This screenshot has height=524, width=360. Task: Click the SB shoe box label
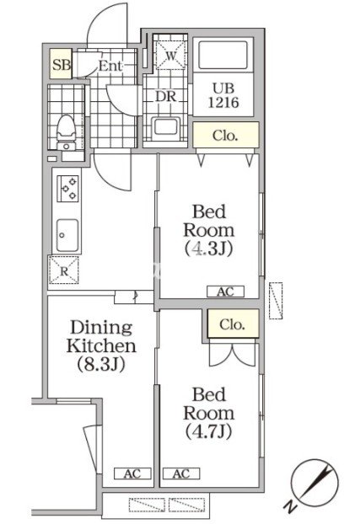[62, 65]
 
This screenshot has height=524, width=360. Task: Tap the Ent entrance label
[110, 66]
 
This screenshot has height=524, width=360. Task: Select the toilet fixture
[66, 132]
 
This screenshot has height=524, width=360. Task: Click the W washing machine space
[170, 55]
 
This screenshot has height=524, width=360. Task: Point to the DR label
[165, 96]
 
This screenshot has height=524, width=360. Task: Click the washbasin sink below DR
[165, 129]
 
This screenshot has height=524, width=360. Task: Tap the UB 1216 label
[223, 95]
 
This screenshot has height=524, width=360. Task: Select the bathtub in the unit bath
[223, 55]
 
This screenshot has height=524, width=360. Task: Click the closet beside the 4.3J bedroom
[226, 136]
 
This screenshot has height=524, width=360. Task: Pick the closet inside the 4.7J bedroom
[233, 323]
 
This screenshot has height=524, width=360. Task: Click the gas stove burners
[68, 189]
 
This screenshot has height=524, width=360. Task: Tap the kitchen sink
[67, 235]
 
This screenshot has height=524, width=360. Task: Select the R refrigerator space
[64, 270]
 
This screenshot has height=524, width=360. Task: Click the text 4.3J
[209, 249]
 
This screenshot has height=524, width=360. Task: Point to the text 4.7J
[209, 431]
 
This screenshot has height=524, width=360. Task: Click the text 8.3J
[101, 364]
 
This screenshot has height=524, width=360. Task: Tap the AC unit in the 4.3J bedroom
[225, 291]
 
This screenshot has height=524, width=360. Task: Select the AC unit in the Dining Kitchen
[132, 473]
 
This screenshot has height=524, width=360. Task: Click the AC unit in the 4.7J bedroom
[181, 473]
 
